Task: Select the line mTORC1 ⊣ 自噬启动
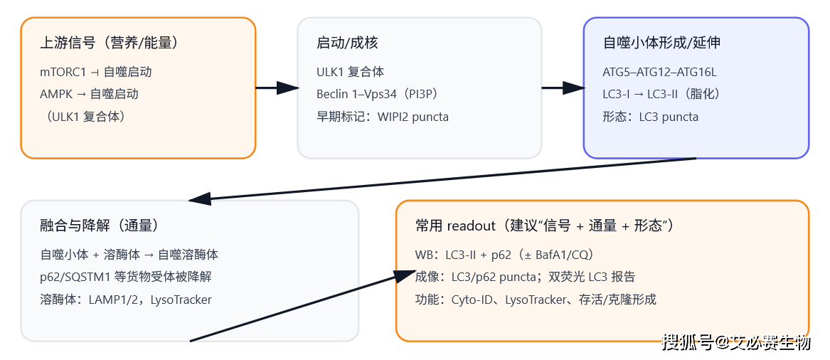point(96,72)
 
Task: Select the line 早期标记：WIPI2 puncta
point(383,117)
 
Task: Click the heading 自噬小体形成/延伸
point(661,43)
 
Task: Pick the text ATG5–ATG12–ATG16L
point(659,72)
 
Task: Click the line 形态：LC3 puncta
point(650,117)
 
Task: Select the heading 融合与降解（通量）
point(100,226)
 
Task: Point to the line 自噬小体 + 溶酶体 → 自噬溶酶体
point(129,255)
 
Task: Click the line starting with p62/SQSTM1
point(126,277)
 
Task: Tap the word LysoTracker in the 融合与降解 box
point(181,300)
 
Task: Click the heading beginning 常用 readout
point(545,226)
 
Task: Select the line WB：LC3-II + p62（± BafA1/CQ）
point(504,255)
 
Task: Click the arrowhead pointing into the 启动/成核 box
point(288,88)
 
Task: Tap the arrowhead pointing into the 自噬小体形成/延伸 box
point(573,88)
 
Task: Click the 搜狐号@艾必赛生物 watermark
point(736,343)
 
